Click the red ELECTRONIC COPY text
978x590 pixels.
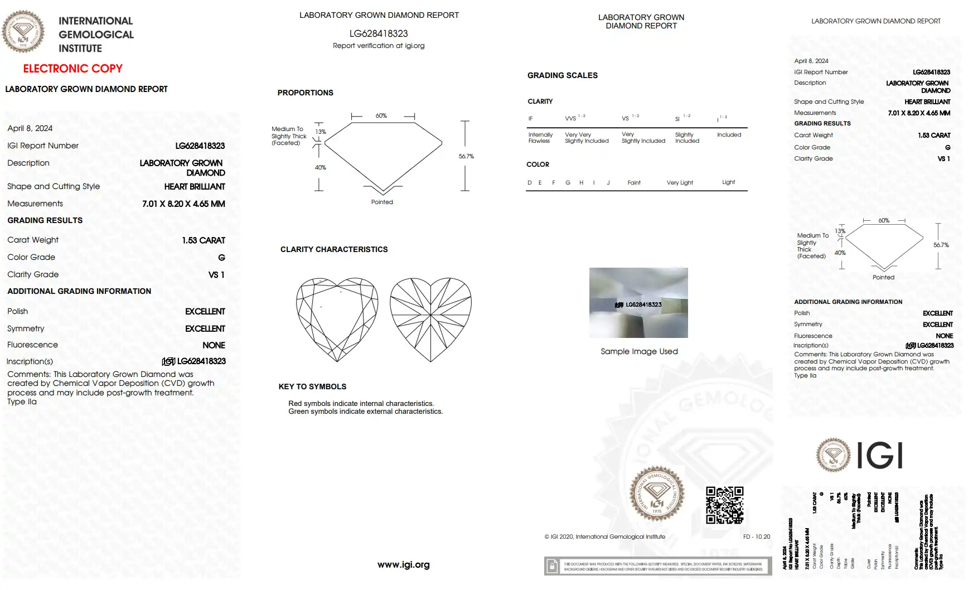(x=72, y=69)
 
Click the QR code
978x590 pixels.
(x=724, y=505)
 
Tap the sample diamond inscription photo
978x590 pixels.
(x=638, y=302)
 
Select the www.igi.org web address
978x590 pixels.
(x=403, y=564)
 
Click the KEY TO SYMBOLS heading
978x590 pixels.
(x=312, y=386)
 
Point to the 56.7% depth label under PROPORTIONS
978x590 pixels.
(x=466, y=156)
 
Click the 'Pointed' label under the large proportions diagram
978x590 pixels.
(x=382, y=202)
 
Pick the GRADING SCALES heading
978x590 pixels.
(x=562, y=75)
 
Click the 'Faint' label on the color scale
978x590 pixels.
(x=634, y=182)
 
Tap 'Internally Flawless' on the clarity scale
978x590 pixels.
(x=540, y=138)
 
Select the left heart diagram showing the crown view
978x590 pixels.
(x=337, y=319)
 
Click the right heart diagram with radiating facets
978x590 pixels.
(x=430, y=319)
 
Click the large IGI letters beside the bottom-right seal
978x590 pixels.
(x=879, y=455)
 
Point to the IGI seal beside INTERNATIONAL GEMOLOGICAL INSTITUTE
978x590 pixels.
(x=23, y=32)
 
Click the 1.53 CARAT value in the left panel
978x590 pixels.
(x=203, y=240)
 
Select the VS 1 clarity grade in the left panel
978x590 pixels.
(x=216, y=275)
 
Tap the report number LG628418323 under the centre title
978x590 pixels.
(x=379, y=33)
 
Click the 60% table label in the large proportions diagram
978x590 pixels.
(x=381, y=115)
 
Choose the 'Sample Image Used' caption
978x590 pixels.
(x=639, y=351)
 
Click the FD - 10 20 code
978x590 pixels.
(x=756, y=536)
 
